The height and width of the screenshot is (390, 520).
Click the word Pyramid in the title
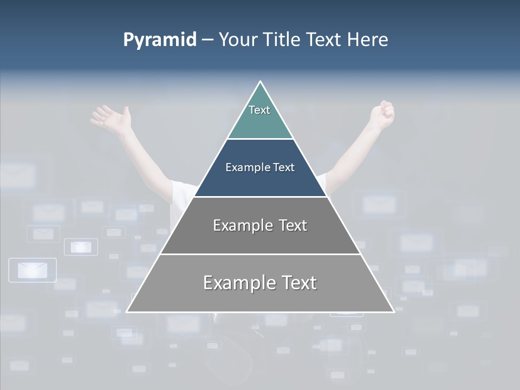[x=159, y=40]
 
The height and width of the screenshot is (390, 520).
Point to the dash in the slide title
[x=207, y=40]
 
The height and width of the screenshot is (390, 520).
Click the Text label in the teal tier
[x=259, y=110]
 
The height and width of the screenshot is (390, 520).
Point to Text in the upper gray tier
[x=293, y=225]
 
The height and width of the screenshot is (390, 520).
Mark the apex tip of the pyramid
[x=260, y=82]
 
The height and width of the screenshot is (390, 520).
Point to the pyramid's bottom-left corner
[x=127, y=311]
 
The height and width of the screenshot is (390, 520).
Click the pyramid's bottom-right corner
[x=393, y=311]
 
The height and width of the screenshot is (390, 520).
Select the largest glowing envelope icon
[x=32, y=270]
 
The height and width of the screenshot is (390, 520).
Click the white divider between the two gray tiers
[x=260, y=254]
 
